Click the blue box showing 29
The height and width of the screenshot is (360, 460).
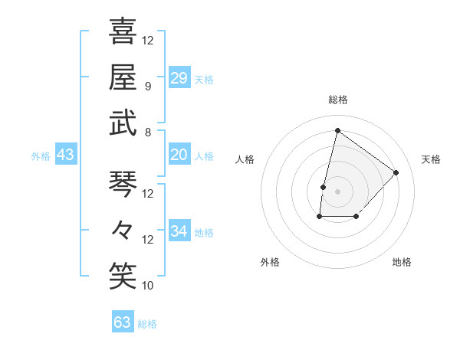click(179, 77)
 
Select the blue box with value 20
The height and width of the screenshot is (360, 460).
click(179, 155)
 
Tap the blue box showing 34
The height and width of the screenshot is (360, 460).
click(179, 231)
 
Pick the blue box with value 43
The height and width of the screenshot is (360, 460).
click(66, 155)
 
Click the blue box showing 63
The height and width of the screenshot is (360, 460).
click(123, 322)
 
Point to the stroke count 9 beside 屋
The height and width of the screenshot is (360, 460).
click(148, 86)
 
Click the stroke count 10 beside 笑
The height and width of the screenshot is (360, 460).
click(148, 285)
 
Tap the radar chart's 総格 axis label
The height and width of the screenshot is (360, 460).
click(337, 100)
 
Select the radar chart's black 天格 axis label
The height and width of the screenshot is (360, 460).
click(431, 159)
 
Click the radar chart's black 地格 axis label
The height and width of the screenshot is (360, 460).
click(402, 262)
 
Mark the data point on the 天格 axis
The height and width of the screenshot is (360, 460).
click(396, 172)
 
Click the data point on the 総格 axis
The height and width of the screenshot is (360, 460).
click(337, 131)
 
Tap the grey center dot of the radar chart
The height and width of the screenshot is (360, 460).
click(337, 191)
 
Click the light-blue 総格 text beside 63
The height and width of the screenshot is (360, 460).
click(147, 324)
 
